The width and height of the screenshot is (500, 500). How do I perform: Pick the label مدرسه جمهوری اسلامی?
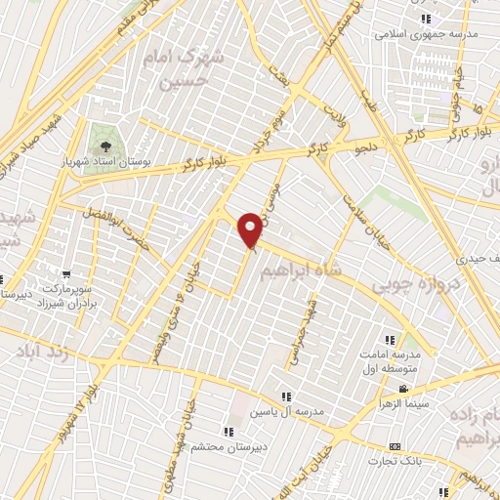(x=426, y=34)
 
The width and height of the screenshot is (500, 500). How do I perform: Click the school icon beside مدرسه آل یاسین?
(x=285, y=396)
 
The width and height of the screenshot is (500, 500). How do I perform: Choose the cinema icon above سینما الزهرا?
(x=402, y=389)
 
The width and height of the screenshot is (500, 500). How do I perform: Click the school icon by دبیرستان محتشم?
(x=228, y=431)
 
